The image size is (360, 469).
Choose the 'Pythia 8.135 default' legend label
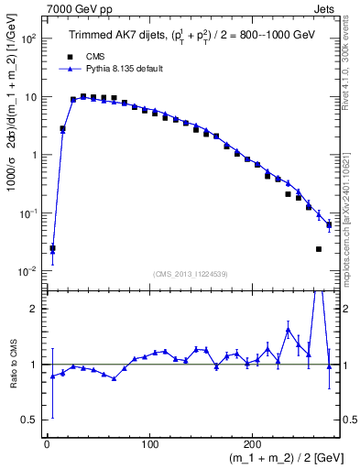[x=119, y=69]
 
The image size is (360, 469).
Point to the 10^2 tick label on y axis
[x=27, y=39]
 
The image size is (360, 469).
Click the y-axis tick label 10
[x=29, y=97]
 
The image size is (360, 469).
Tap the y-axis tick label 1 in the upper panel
[x=34, y=155]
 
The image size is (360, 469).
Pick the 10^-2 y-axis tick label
[x=27, y=270]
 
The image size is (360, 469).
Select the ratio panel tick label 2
[x=34, y=309]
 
